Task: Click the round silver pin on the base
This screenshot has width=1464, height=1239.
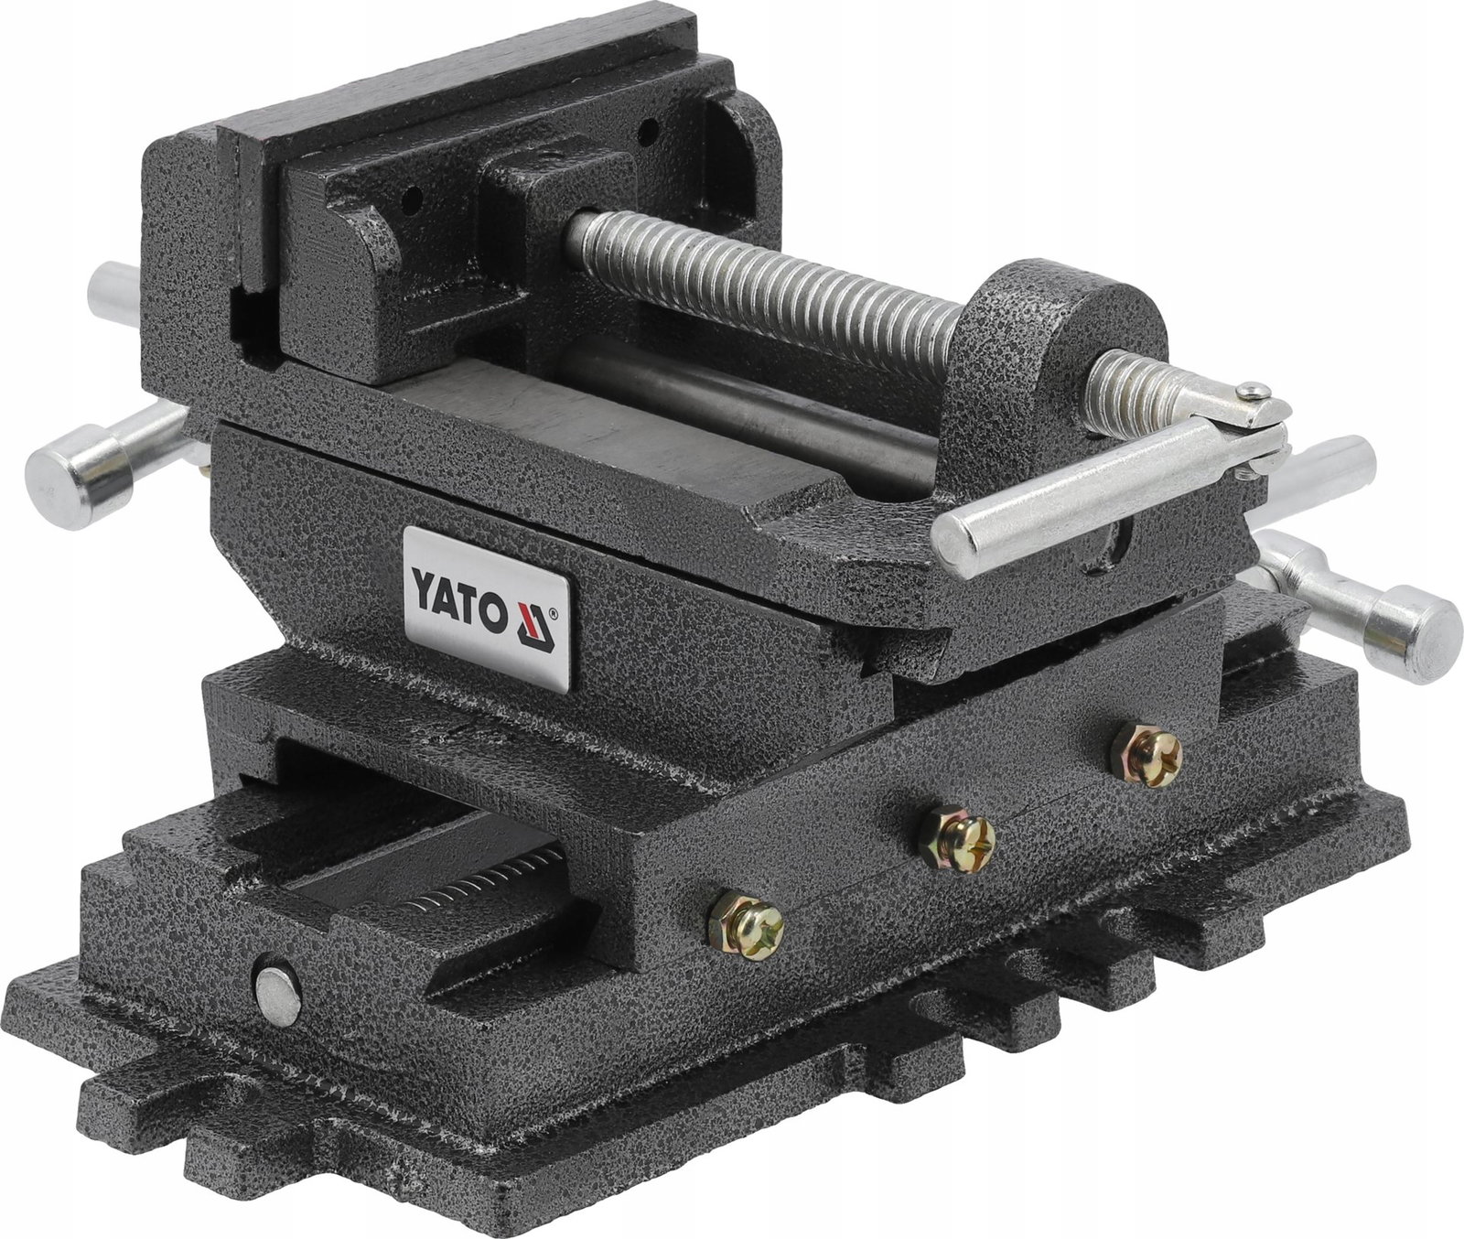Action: click(277, 996)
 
